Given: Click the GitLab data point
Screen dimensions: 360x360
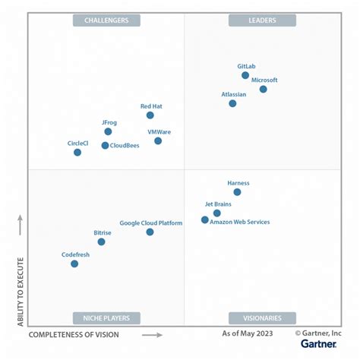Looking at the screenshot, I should click(245, 75).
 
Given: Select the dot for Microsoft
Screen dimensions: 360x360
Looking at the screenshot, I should click(263, 89).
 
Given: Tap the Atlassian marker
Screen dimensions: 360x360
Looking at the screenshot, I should click(232, 103).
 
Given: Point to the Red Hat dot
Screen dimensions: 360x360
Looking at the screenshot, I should click(150, 115).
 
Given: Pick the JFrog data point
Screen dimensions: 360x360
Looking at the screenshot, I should click(108, 131).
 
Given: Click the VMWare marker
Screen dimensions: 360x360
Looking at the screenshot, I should click(158, 141).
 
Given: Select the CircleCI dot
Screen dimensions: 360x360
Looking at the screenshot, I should click(77, 152).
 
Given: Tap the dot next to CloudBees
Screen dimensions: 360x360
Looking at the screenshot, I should click(105, 145).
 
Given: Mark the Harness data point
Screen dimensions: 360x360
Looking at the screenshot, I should click(237, 192).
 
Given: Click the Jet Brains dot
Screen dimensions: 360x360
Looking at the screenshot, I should click(216, 213).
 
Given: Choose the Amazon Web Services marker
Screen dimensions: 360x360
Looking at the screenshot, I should click(204, 219).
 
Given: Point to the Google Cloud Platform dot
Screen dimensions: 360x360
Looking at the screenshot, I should click(150, 232).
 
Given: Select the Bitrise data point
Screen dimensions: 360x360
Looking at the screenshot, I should click(101, 242).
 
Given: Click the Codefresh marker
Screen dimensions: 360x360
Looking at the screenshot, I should click(74, 264).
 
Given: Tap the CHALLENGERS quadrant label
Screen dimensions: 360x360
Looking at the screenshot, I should click(106, 21).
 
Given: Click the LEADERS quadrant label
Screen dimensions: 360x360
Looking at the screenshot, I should click(263, 21).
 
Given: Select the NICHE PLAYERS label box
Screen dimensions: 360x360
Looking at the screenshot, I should click(106, 318).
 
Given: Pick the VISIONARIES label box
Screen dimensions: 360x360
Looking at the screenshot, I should click(263, 318).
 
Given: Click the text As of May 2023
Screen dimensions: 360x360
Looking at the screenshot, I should click(247, 333).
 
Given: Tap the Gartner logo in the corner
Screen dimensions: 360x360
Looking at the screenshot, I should click(318, 343).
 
